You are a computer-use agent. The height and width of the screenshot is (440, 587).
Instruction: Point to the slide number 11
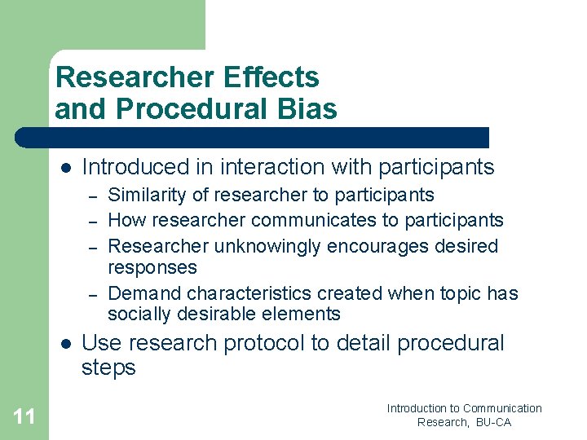tap(24, 417)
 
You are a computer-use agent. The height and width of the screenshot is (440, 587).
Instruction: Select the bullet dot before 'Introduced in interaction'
tap(66, 167)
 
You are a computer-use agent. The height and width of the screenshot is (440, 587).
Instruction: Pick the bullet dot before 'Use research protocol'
tap(66, 343)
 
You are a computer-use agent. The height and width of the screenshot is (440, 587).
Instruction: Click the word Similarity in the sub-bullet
tap(142, 196)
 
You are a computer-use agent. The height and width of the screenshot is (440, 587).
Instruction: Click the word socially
tap(136, 315)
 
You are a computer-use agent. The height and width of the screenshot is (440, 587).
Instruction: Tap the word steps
tap(108, 368)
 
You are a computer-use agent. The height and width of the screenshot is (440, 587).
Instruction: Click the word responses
tap(152, 267)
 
